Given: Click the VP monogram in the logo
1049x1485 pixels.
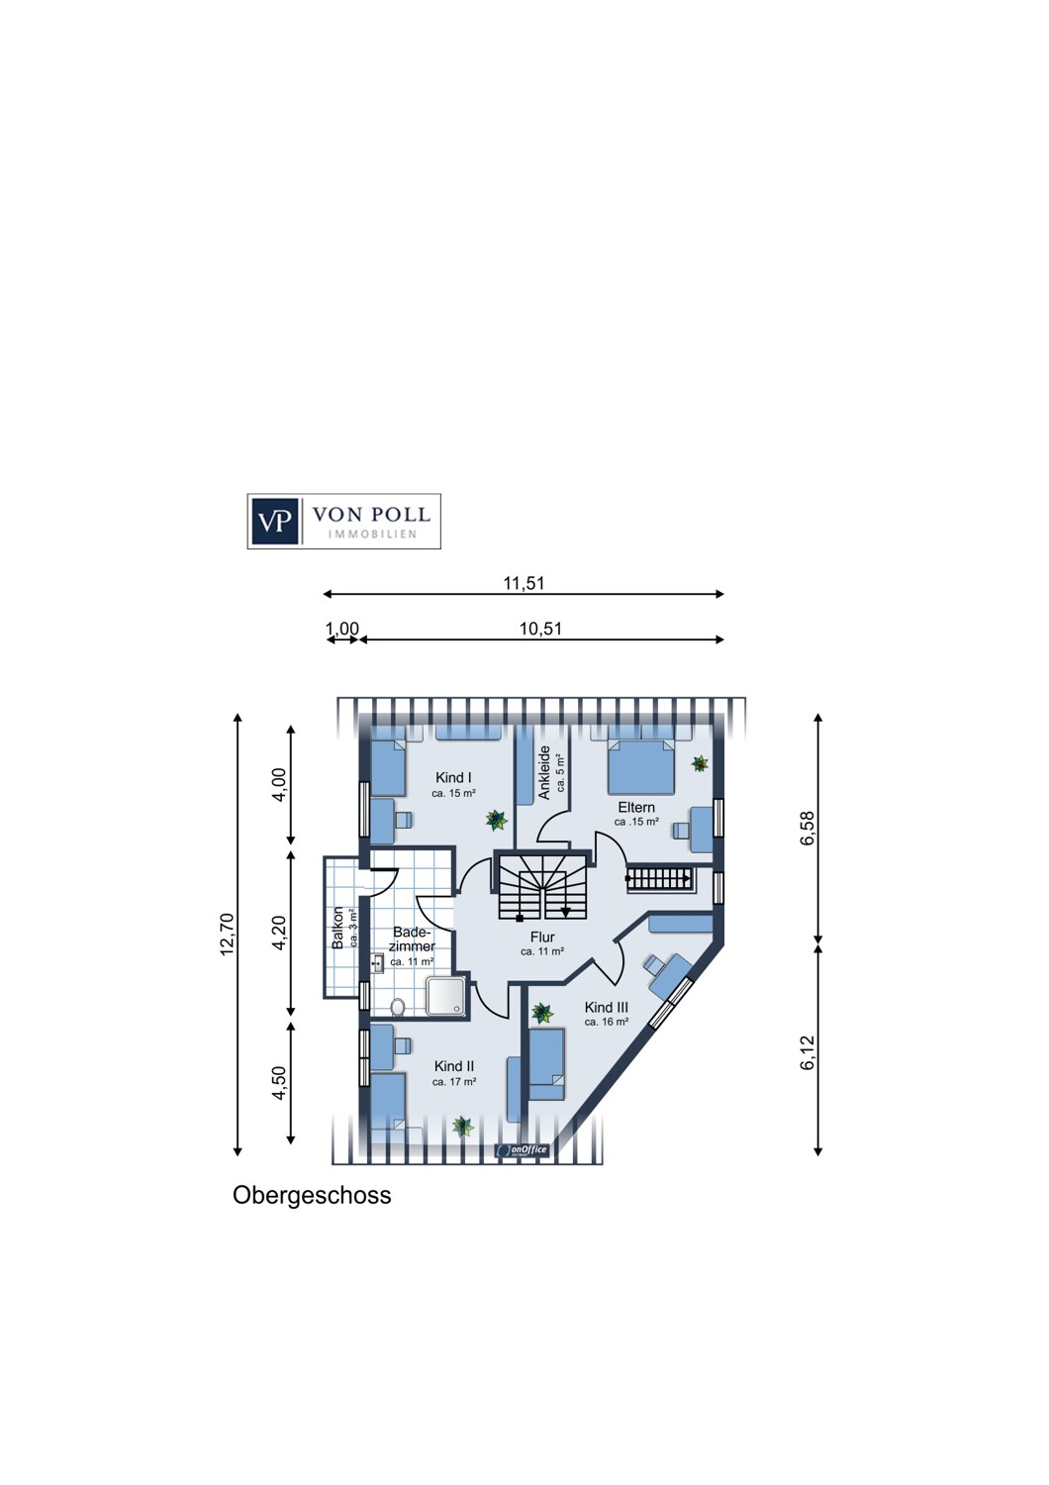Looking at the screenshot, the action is pyautogui.click(x=274, y=521).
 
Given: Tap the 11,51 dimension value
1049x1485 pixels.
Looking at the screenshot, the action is pyautogui.click(x=524, y=583).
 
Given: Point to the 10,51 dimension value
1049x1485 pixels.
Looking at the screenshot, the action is pyautogui.click(x=540, y=629).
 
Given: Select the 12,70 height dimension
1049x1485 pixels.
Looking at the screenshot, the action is pyautogui.click(x=228, y=935).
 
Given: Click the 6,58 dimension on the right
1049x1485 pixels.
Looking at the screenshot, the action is pyautogui.click(x=808, y=828).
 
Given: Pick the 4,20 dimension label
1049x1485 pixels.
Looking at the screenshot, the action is pyautogui.click(x=279, y=933).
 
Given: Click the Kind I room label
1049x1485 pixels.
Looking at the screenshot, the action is pyautogui.click(x=453, y=777).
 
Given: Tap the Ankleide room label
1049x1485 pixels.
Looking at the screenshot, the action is pyautogui.click(x=544, y=772).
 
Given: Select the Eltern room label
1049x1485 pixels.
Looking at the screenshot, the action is pyautogui.click(x=636, y=807).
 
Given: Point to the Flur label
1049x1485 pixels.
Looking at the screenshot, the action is pyautogui.click(x=542, y=937).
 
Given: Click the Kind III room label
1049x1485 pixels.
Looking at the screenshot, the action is pyautogui.click(x=607, y=1007).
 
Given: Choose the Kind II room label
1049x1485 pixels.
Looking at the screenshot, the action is pyautogui.click(x=454, y=1066).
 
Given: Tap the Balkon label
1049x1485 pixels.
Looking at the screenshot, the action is pyautogui.click(x=338, y=928).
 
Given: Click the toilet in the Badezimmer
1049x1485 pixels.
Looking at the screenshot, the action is pyautogui.click(x=398, y=1007).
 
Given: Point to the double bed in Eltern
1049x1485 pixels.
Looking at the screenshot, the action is pyautogui.click(x=641, y=765).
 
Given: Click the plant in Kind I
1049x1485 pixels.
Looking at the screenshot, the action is pyautogui.click(x=496, y=820).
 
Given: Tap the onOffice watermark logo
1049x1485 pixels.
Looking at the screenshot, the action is pyautogui.click(x=523, y=1150).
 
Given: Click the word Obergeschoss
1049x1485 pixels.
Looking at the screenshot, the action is pyautogui.click(x=312, y=1195).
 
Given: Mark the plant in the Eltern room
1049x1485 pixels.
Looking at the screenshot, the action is pyautogui.click(x=700, y=763).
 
